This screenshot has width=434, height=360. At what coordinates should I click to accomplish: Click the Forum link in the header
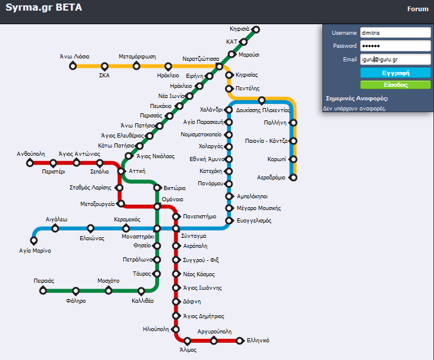pyautogui.click(x=417, y=9)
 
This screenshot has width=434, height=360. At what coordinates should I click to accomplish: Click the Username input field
pyautogui.click(x=394, y=33)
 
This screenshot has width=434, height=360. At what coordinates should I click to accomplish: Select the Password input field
pyautogui.click(x=394, y=46)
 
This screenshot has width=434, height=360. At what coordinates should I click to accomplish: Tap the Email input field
pyautogui.click(x=394, y=59)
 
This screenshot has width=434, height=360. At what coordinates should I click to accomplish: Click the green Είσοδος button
pyautogui.click(x=395, y=85)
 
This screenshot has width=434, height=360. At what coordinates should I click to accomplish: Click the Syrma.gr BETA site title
pyautogui.click(x=44, y=8)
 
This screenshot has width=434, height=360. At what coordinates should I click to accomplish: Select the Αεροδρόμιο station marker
pyautogui.click(x=293, y=177)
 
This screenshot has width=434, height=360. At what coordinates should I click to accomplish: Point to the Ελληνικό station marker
pyautogui.click(x=240, y=341)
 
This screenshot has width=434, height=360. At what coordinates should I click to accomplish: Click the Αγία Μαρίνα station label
pyautogui.click(x=35, y=250)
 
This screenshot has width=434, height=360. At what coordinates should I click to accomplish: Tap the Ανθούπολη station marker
pyautogui.click(x=30, y=163)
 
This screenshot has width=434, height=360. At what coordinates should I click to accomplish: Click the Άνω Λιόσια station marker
pyautogui.click(x=74, y=66)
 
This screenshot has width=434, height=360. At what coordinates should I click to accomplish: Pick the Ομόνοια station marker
pyautogui.click(x=157, y=207)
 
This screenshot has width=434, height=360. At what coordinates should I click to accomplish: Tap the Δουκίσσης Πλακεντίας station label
pyautogui.click(x=263, y=110)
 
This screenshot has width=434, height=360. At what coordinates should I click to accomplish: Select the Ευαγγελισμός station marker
pyautogui.click(x=229, y=221)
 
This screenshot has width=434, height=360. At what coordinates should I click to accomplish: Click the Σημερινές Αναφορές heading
pyautogui.click(x=357, y=99)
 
